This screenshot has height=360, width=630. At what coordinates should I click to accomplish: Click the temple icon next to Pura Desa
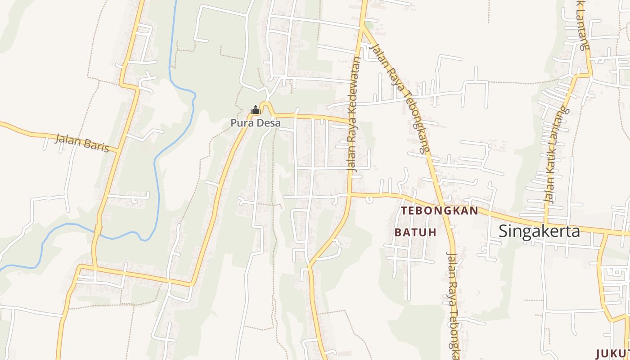tap(255, 110)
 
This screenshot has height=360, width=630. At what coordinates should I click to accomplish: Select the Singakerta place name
tap(539, 231)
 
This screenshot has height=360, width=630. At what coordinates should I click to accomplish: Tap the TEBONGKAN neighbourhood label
tap(439, 211)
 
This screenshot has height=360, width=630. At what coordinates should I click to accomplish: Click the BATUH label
tap(416, 233)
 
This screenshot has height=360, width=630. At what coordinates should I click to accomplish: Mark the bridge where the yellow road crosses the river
tap(97, 230)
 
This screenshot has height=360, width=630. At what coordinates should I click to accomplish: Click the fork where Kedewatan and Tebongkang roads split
tap(362, 27)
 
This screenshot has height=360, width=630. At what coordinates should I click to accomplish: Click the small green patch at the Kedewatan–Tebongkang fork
tap(369, 25)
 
